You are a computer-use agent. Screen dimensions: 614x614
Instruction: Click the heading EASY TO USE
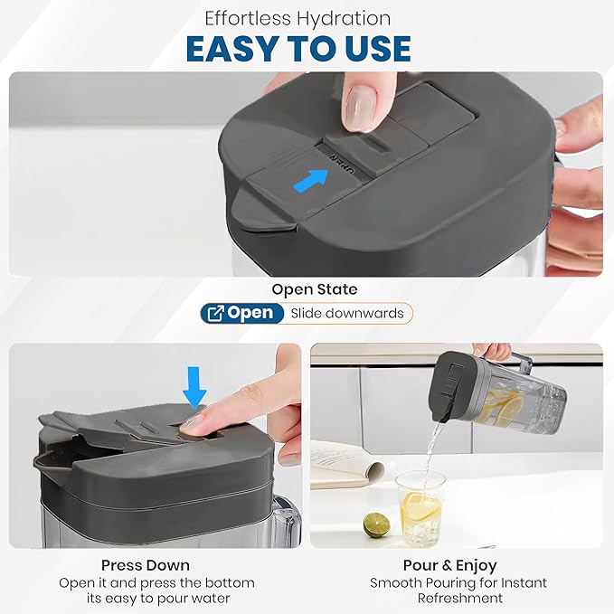(x=298, y=49)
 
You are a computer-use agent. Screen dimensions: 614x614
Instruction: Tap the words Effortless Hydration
(x=298, y=18)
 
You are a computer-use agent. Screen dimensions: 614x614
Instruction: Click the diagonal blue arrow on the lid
(x=311, y=180)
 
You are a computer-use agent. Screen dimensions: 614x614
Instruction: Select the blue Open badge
(x=242, y=313)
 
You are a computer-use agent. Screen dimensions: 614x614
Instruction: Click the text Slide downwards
(x=347, y=313)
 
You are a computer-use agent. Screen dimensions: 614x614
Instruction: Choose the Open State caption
(x=315, y=289)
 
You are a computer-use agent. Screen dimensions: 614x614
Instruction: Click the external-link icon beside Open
(x=216, y=313)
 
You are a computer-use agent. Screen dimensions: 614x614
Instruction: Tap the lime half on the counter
(x=376, y=524)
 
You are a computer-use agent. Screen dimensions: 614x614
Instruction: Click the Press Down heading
(x=146, y=565)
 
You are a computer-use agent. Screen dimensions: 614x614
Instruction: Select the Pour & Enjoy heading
(x=450, y=565)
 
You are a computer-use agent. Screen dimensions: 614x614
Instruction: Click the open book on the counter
(x=346, y=464)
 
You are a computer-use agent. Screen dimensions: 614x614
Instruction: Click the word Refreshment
(x=460, y=599)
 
